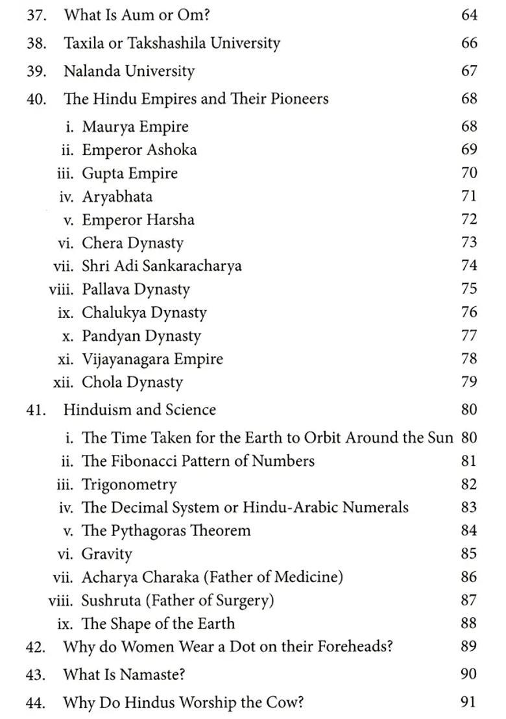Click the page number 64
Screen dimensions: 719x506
469,15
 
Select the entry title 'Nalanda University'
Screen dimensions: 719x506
128,71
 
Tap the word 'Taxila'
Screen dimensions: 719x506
84,43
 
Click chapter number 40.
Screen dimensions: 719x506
36,99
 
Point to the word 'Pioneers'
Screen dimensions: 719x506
299,99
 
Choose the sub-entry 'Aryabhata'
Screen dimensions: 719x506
117,197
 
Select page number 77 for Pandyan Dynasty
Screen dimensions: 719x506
469,335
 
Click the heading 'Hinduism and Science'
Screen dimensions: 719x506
139,410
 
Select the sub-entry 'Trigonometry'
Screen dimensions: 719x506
128,485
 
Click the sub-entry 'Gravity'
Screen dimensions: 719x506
106,554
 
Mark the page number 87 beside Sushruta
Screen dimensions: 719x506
469,600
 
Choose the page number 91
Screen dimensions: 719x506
469,701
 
